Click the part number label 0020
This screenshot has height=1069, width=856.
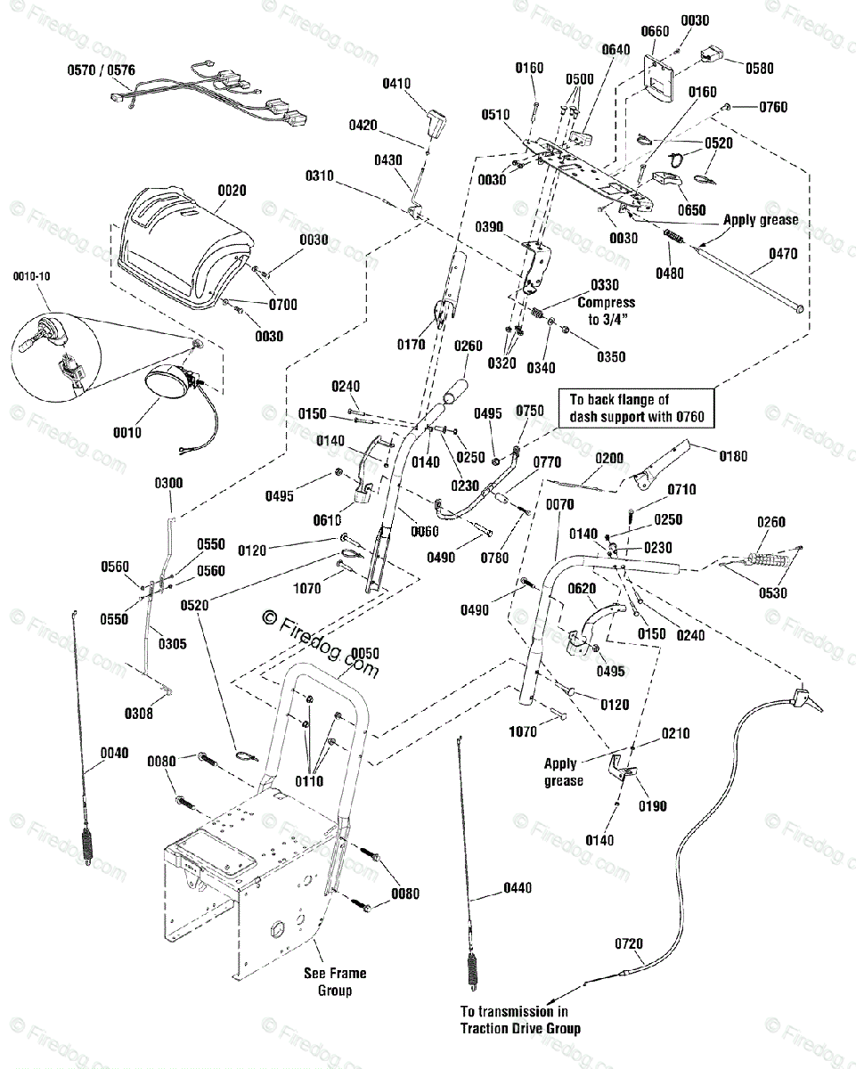[232, 191]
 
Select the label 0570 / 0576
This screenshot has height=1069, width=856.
[102, 70]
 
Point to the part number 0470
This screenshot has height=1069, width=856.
[783, 254]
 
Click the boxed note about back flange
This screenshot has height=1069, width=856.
[636, 408]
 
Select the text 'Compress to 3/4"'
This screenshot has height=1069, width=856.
[606, 311]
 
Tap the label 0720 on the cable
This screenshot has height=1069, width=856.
[629, 943]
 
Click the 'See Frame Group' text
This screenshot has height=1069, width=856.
[335, 982]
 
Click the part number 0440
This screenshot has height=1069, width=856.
[518, 887]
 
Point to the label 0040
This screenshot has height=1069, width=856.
[115, 753]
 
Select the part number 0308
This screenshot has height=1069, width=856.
[139, 714]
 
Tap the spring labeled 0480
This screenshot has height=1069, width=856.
[673, 237]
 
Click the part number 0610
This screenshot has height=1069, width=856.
[327, 520]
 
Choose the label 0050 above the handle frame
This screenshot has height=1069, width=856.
[365, 653]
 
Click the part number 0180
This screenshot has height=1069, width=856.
[733, 456]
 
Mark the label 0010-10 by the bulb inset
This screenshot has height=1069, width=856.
[32, 276]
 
